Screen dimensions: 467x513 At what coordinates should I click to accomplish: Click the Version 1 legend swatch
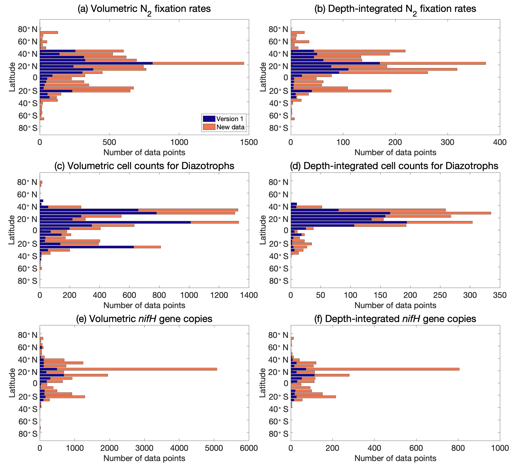[209, 119]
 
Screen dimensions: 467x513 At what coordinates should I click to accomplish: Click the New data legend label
[230, 127]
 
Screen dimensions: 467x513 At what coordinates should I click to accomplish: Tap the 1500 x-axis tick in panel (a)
[249, 142]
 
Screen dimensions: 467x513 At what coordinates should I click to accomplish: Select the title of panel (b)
[395, 9]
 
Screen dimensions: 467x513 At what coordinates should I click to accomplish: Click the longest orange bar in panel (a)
[198, 63]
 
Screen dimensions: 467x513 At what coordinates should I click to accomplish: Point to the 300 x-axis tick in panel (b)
[447, 142]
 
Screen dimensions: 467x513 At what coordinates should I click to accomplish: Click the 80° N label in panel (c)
[27, 182]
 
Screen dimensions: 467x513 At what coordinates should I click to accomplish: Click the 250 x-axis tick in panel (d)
[440, 295]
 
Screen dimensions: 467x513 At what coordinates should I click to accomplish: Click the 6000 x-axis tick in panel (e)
[249, 448]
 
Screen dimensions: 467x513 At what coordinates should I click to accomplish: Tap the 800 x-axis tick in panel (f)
[458, 448]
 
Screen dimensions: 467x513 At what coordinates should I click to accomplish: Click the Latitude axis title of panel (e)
[12, 383]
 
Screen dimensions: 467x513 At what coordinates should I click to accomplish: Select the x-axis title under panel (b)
[395, 152]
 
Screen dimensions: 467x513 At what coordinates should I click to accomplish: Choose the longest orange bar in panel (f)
[383, 369]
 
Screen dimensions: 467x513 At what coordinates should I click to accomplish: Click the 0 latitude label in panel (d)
[286, 231]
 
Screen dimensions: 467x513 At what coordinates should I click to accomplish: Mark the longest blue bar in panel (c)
[115, 222]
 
